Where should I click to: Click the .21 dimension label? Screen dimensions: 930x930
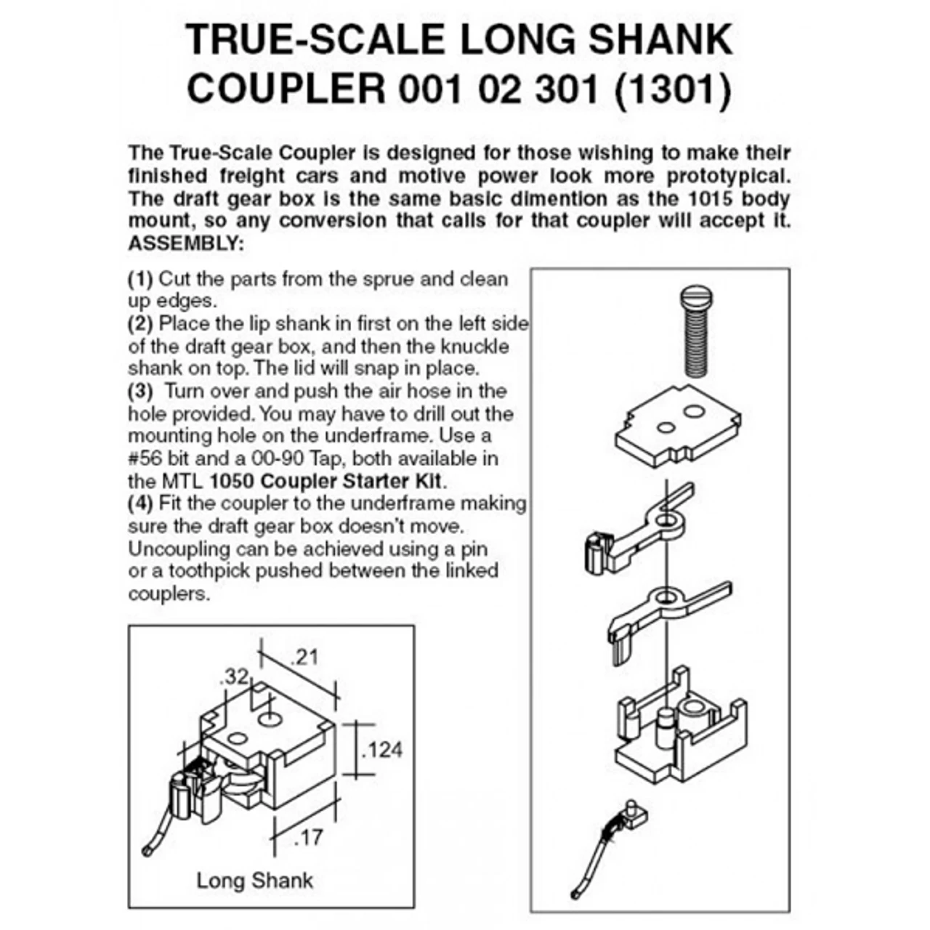[x=304, y=658]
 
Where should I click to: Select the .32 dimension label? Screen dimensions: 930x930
[x=233, y=677]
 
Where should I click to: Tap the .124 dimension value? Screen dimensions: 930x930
[x=381, y=749]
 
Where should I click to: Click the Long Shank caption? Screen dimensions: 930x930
[x=254, y=881]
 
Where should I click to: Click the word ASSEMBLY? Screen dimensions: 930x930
[x=186, y=243]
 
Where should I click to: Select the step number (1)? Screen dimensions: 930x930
[x=141, y=279]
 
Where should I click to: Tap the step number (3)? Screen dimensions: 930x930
[x=141, y=391]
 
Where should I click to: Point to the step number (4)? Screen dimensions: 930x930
[x=141, y=503]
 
